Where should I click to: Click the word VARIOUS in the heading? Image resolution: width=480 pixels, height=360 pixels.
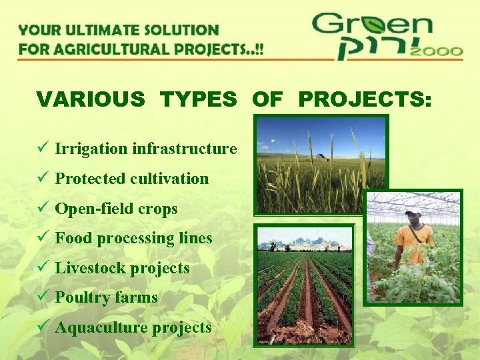point(91,99)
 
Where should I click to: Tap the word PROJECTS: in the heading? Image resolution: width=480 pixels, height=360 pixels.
point(365,99)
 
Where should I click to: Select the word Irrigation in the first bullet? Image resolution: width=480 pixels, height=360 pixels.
point(91,149)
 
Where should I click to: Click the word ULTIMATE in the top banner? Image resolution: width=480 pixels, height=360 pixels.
point(105,30)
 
